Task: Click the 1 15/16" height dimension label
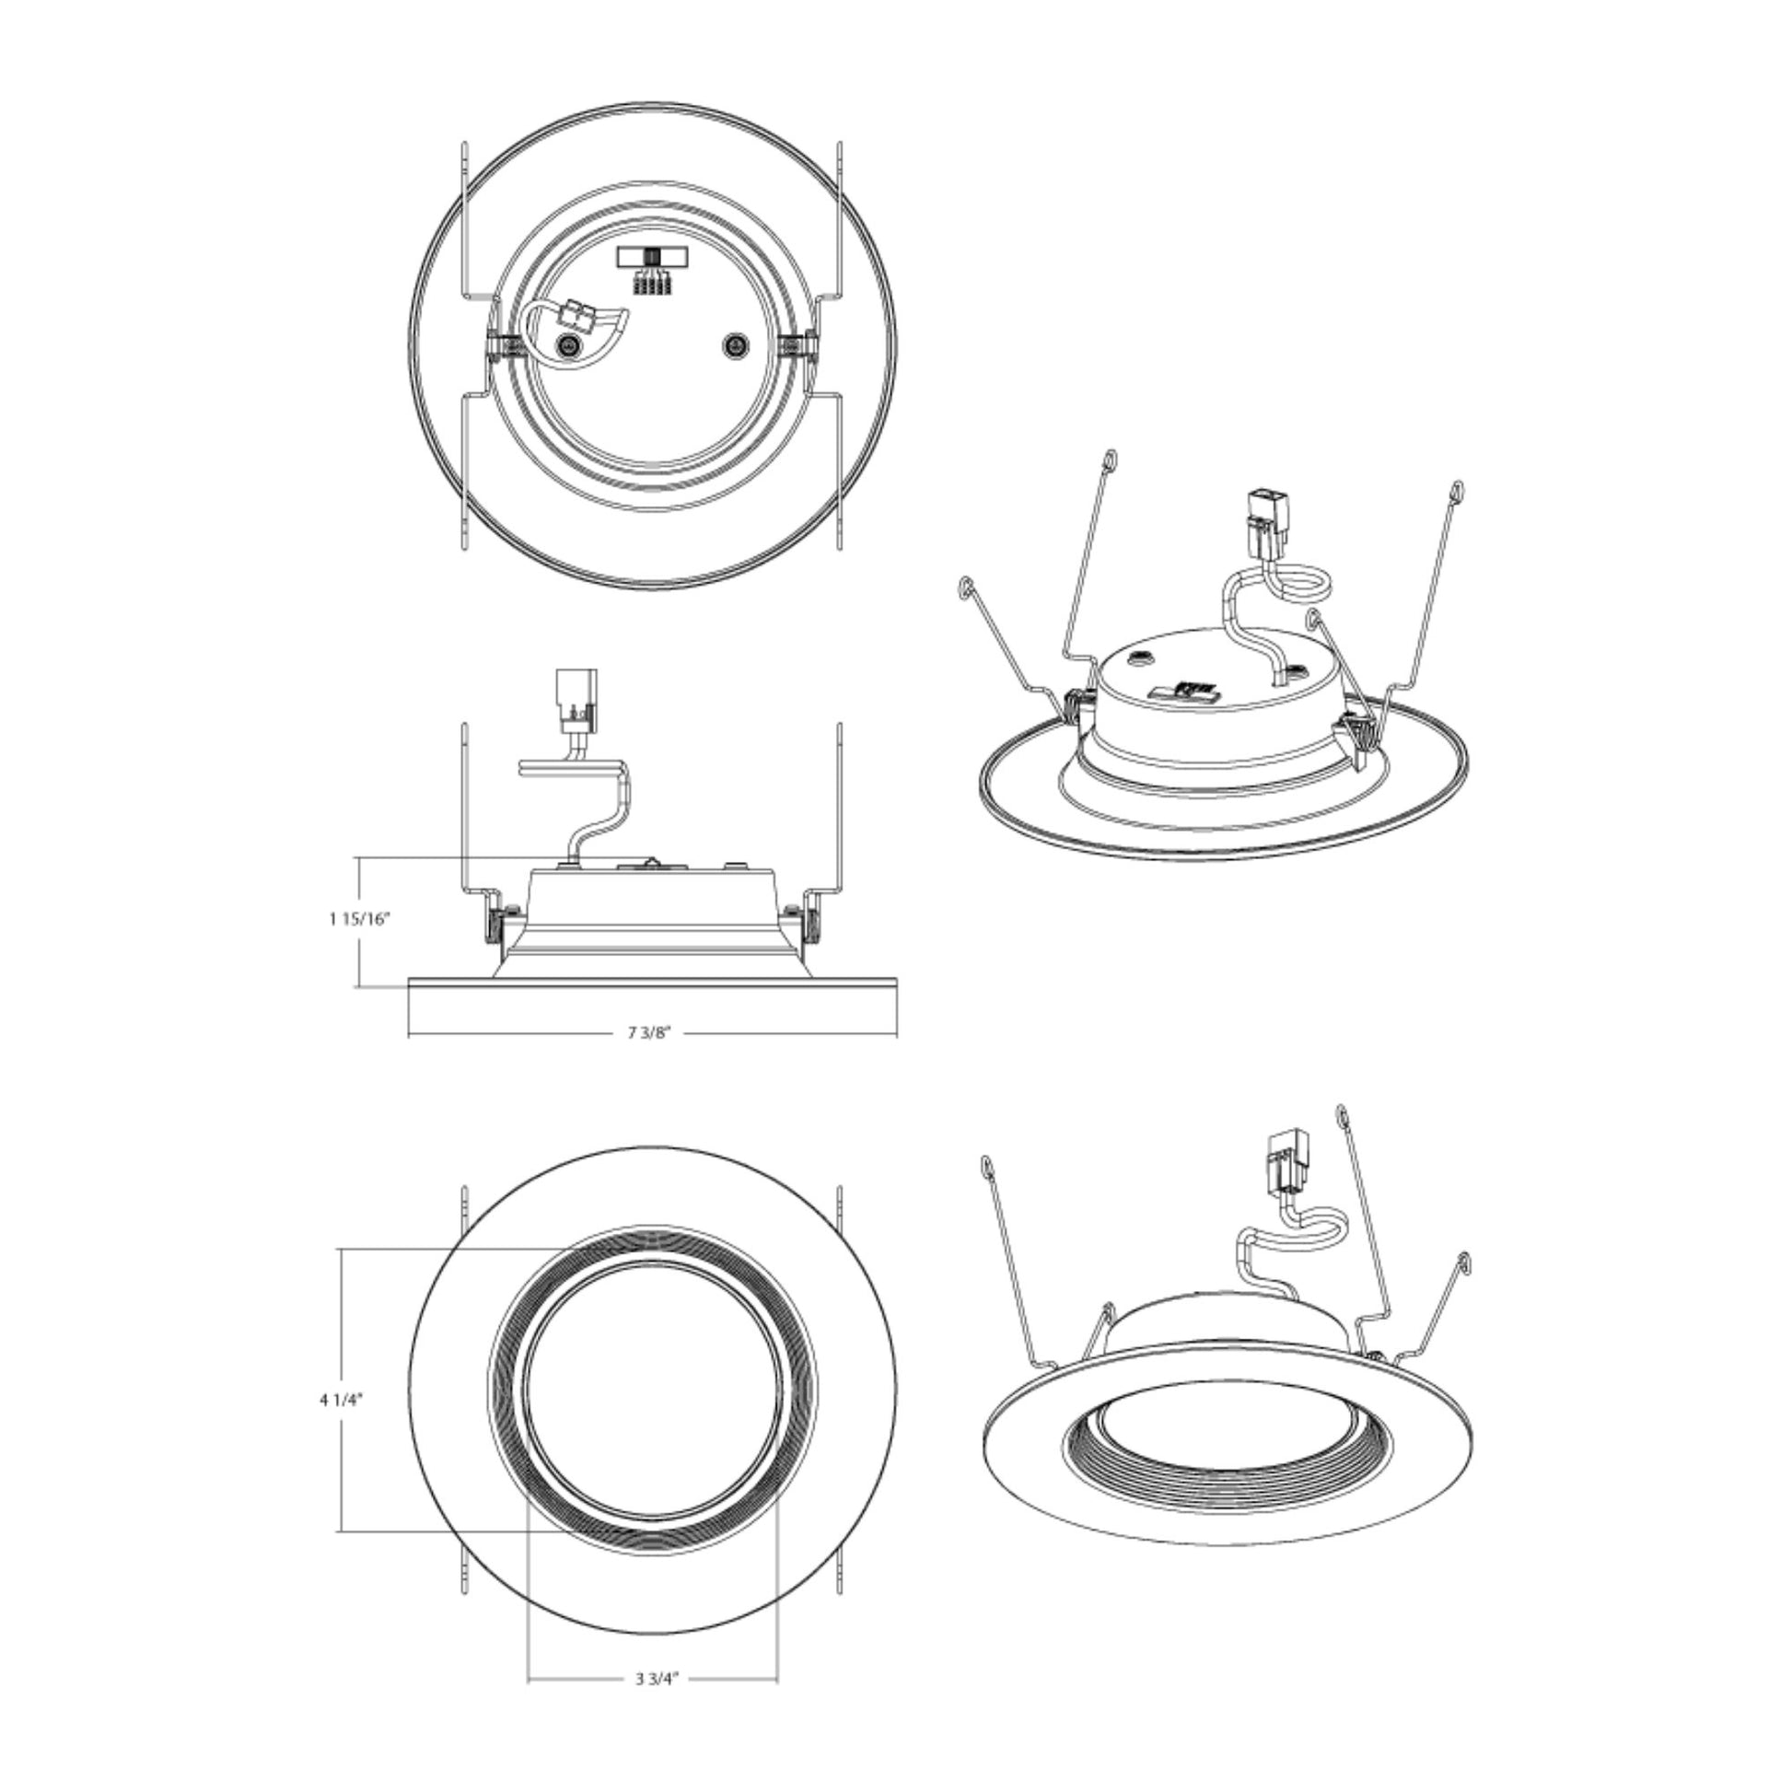point(360,919)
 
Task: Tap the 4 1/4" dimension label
point(341,1401)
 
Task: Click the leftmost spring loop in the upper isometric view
point(966,588)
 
